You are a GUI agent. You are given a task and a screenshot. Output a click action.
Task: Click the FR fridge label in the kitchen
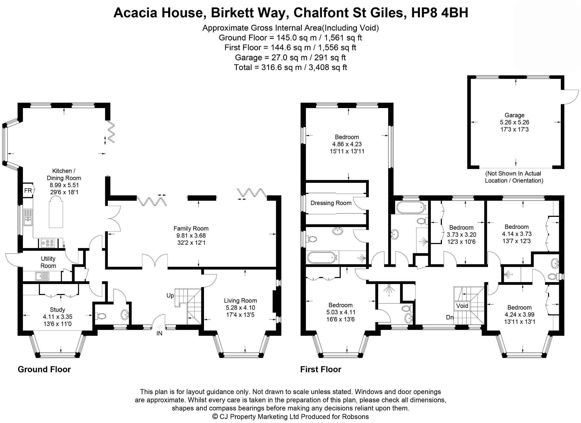(x=28, y=191)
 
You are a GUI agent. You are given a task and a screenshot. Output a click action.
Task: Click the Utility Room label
(x=48, y=262)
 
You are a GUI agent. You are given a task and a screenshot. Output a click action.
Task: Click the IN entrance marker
(x=159, y=333)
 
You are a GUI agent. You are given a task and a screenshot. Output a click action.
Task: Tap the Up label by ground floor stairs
(x=170, y=296)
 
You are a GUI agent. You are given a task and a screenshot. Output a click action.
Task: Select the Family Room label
(x=191, y=228)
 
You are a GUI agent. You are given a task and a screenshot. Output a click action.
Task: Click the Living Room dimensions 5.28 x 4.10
(x=240, y=308)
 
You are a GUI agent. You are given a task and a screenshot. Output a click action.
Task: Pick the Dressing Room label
(x=331, y=203)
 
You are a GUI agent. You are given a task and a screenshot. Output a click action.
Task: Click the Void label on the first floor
(x=462, y=306)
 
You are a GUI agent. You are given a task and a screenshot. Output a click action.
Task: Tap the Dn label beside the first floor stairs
(x=450, y=317)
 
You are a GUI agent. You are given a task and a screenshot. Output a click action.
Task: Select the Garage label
(x=514, y=115)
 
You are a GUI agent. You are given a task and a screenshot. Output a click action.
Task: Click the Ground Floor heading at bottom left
(x=44, y=369)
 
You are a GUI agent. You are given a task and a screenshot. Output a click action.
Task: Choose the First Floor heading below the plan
(x=321, y=369)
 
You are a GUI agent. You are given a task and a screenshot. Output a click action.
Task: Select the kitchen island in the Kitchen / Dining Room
(x=56, y=213)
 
